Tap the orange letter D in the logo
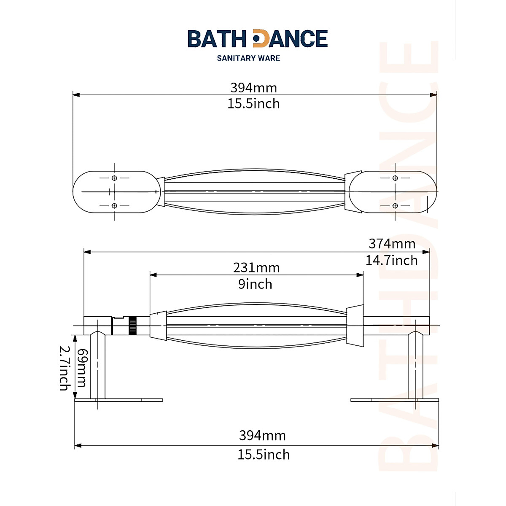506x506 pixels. point(260,39)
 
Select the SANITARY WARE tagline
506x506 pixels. point(248,58)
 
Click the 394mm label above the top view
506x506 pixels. point(253,88)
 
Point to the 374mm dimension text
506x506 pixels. point(392,244)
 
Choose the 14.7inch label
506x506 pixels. point(391,261)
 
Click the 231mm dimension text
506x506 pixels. point(256,268)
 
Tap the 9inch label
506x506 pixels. point(255,284)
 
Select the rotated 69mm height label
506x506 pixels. point(81,368)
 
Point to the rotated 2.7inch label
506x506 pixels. point(64,368)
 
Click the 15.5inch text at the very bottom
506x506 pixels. point(264,455)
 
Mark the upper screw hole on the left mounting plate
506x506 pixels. point(114,178)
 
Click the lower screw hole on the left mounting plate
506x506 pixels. point(114,206)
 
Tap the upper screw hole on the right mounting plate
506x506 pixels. point(395,178)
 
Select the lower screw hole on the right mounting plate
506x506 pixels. point(395,206)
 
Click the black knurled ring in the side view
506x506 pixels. point(133,326)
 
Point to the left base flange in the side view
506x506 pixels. point(118,400)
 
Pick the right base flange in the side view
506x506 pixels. point(394,400)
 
